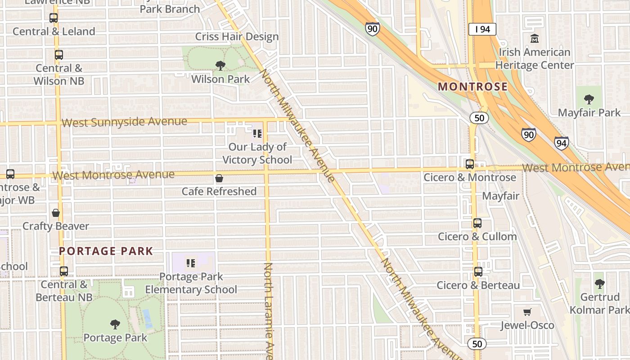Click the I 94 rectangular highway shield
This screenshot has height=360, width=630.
[482, 29]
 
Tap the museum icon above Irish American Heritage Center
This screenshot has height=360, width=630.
[535, 39]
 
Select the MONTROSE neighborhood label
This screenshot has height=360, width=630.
[472, 86]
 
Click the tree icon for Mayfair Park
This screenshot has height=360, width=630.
[589, 99]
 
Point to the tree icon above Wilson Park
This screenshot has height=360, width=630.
[220, 66]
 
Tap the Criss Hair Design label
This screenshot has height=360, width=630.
[237, 36]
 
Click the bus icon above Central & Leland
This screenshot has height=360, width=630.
[54, 18]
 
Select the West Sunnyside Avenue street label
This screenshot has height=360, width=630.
[124, 122]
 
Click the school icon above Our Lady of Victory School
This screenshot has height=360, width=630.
[257, 133]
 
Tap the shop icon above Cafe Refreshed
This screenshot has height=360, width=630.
[219, 178]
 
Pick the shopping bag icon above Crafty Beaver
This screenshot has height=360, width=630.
[56, 213]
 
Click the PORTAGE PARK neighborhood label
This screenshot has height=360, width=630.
[106, 251]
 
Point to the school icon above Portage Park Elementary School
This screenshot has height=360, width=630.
[191, 263]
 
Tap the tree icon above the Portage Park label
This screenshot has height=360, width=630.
[115, 324]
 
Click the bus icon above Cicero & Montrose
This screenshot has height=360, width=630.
[470, 164]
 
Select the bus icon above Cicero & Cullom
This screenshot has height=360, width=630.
[477, 223]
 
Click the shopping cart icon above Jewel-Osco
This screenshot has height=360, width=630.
[527, 312]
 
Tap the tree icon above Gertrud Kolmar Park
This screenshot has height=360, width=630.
[599, 283]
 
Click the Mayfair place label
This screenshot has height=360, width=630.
[500, 196]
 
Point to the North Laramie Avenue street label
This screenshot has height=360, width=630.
[268, 310]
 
